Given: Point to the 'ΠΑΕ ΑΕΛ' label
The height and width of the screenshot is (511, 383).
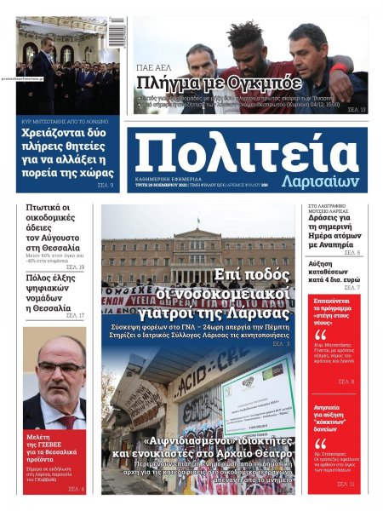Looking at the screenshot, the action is (x=157, y=66).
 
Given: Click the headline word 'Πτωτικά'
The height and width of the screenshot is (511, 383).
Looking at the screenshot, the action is (x=48, y=208).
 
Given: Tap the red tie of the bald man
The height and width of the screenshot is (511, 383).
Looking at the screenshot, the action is (x=66, y=422).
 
